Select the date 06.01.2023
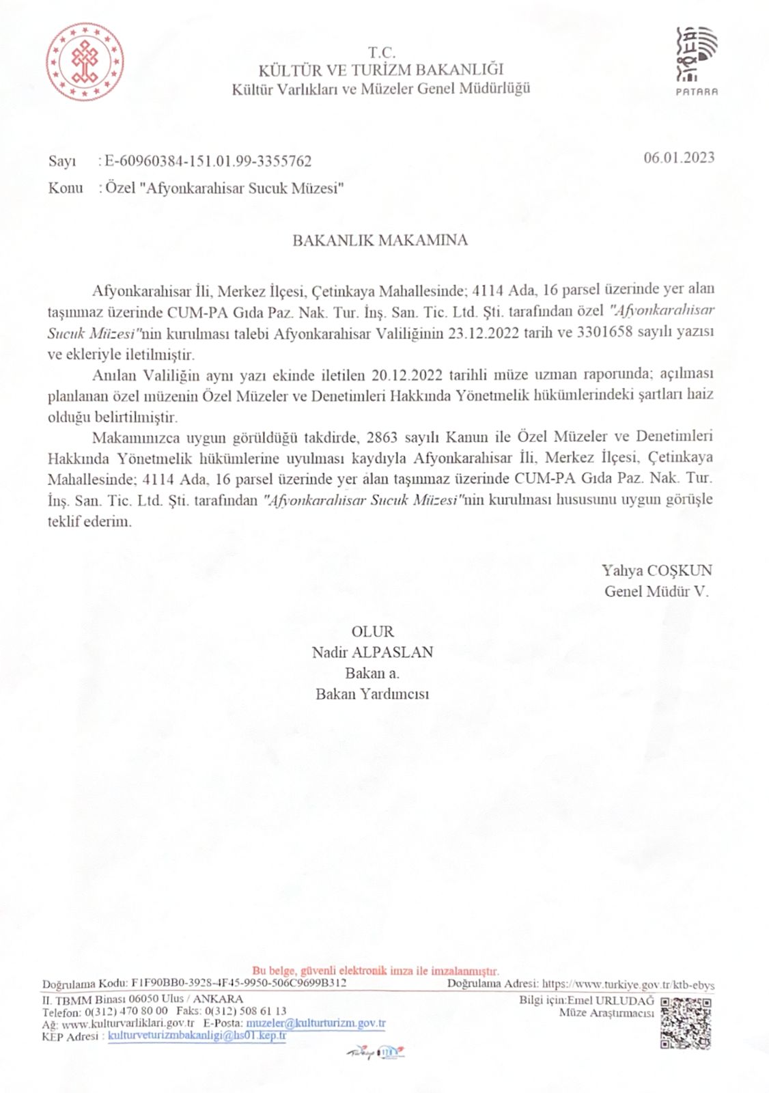679,158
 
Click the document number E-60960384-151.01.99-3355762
208,161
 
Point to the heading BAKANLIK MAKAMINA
380,240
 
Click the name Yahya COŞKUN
656,570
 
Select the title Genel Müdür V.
656,592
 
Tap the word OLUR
372,632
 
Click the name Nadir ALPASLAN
372,652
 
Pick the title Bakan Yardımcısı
372,694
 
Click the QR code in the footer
686,1023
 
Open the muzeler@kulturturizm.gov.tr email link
316,1023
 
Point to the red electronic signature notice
376,971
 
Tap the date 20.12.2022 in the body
407,375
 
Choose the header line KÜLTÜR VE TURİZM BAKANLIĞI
380,70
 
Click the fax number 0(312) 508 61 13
245,1011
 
